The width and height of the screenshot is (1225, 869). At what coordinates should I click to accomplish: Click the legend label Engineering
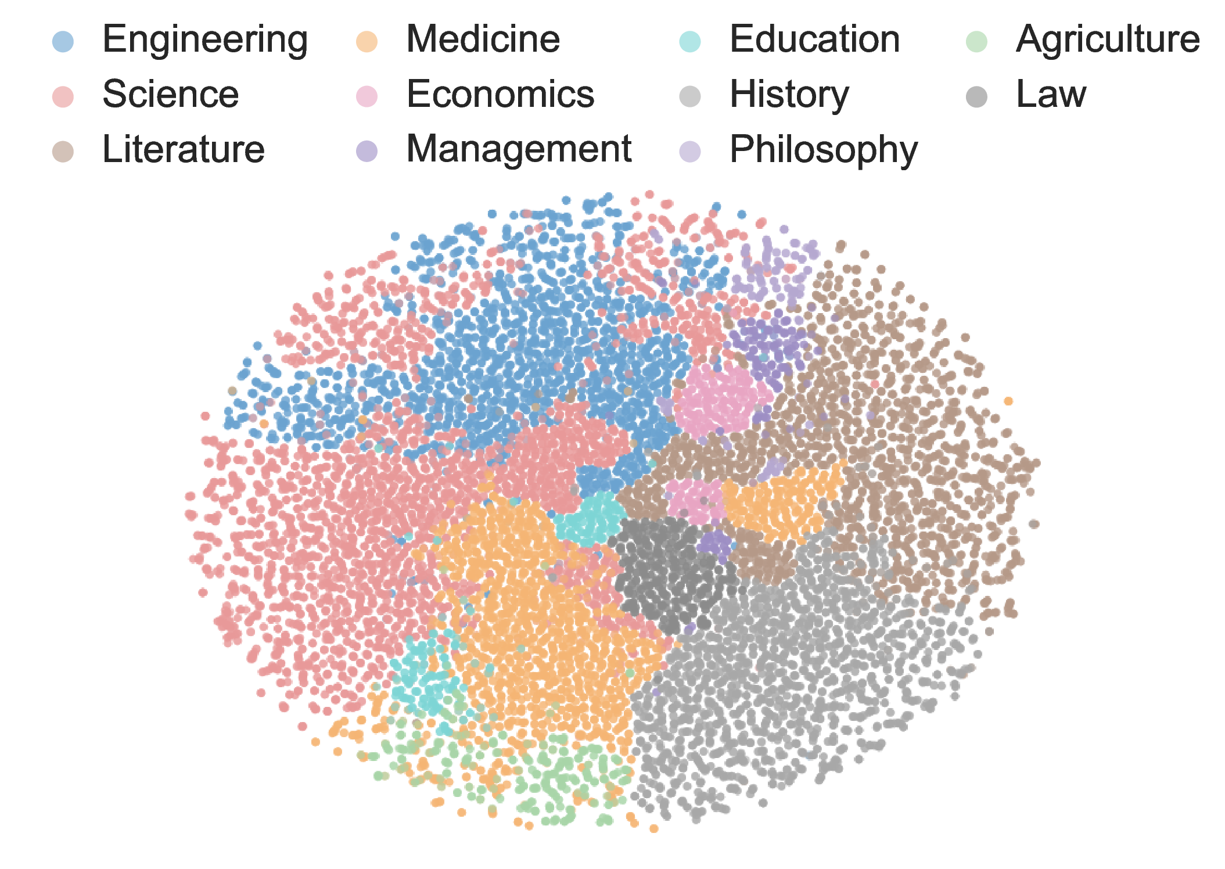click(205, 39)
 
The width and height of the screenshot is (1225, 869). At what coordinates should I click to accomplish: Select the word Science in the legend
click(170, 95)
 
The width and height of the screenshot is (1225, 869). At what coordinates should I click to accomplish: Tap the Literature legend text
click(183, 150)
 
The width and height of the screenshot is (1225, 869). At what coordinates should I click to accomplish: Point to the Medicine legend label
click(483, 39)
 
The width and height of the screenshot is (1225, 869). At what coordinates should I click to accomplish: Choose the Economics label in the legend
click(500, 95)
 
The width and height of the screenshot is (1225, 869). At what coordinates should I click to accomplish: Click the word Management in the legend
click(519, 150)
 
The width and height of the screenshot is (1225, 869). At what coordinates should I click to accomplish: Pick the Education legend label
click(814, 39)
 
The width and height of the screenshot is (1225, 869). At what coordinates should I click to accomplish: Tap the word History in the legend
click(789, 95)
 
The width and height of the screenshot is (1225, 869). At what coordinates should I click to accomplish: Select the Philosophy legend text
click(824, 150)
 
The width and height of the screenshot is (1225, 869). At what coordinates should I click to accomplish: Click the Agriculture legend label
click(1108, 39)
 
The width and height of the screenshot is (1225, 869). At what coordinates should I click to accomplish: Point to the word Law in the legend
click(1051, 95)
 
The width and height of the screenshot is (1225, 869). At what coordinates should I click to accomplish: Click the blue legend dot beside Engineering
click(63, 41)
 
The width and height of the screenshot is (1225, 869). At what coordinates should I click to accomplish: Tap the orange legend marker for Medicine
click(367, 41)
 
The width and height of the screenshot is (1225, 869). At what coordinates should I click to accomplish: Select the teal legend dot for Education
click(690, 41)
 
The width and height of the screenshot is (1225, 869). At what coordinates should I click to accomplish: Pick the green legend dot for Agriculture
click(977, 41)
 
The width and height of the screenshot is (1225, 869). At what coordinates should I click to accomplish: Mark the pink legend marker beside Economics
click(367, 96)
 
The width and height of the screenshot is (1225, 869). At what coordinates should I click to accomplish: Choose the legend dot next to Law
click(977, 96)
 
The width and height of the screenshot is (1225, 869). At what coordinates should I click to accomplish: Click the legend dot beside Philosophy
click(690, 152)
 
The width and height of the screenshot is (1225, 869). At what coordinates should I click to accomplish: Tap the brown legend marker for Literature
click(63, 152)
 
